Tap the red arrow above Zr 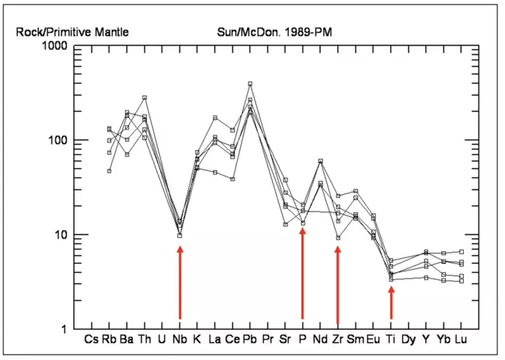(x=338, y=284)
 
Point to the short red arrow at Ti (x=392, y=302)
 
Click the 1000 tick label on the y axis (x=58, y=47)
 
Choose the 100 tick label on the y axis (x=61, y=141)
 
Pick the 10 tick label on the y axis (x=64, y=235)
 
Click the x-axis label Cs (x=92, y=340)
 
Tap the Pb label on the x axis (x=250, y=340)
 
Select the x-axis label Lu (x=461, y=340)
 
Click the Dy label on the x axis (x=409, y=340)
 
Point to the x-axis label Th (x=145, y=340)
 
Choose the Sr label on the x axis (x=285, y=340)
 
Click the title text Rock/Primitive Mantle (x=72, y=32)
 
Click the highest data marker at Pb (x=250, y=83)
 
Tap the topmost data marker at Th (x=145, y=97)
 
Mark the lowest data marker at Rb (x=110, y=170)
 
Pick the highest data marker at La (x=215, y=117)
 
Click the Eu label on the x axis (x=373, y=340)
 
